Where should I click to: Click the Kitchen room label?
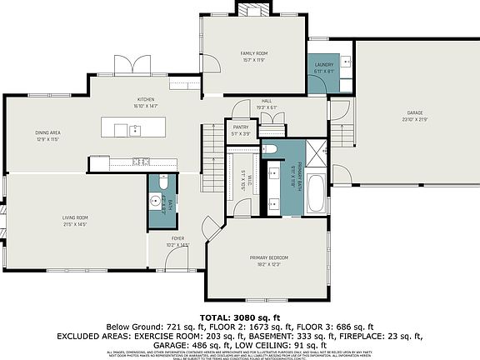(146, 102)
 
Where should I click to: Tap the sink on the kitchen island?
(134, 129)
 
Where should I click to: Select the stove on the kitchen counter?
(140, 161)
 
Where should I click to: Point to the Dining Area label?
(47, 135)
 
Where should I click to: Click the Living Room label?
(74, 221)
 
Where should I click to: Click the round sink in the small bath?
(155, 201)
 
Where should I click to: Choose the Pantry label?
(241, 129)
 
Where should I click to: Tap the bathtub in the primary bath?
(317, 194)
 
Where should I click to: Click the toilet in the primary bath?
(270, 148)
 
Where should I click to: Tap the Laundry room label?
(324, 68)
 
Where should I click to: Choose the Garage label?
(416, 115)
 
